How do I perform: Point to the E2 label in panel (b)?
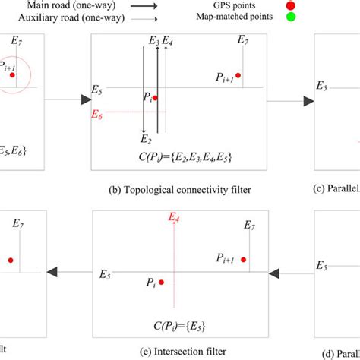click(x=145, y=139)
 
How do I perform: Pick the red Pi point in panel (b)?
click(x=155, y=98)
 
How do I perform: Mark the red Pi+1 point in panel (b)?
click(x=238, y=75)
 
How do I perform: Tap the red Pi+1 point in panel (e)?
click(x=244, y=261)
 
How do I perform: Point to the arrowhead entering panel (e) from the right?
click(x=276, y=270)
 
